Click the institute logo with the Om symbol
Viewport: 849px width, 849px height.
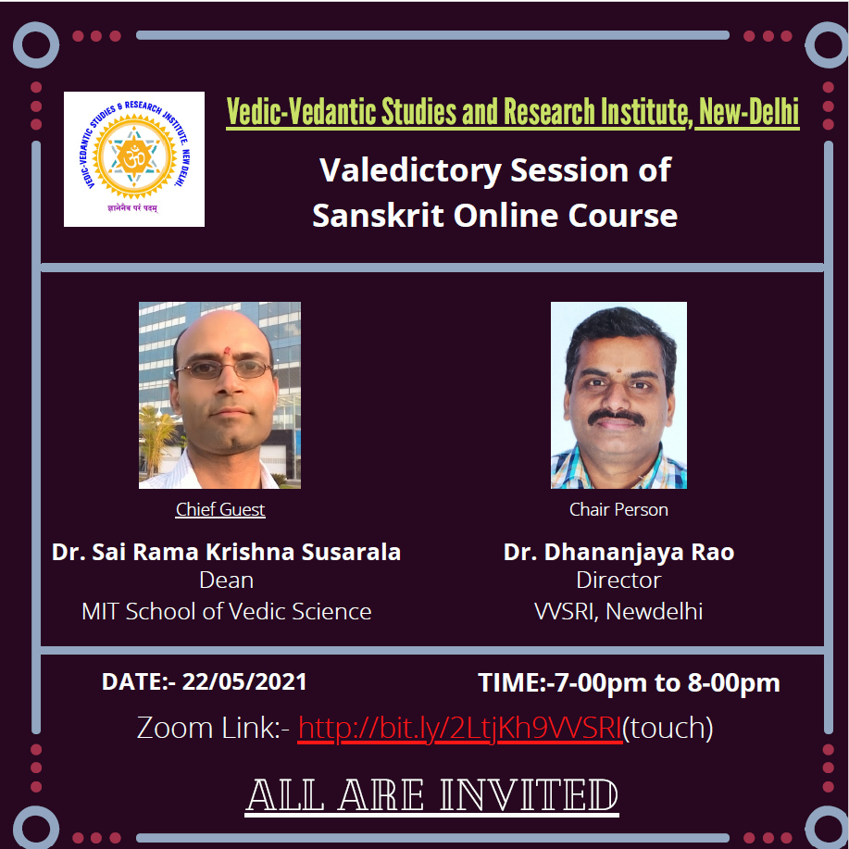tap(133, 158)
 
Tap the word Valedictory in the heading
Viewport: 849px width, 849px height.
tap(410, 171)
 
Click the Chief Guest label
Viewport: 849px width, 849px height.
tap(219, 509)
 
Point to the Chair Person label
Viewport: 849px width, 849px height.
tap(618, 509)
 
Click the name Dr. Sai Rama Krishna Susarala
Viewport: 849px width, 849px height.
tap(226, 552)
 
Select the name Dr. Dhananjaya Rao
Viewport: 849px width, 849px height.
tap(618, 552)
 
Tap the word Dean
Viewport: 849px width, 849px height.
tap(226, 581)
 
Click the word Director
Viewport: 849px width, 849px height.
tap(618, 581)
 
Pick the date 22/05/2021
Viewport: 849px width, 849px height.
tap(244, 681)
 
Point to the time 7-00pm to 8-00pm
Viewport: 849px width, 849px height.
tap(668, 682)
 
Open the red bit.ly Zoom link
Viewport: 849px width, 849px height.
tap(460, 729)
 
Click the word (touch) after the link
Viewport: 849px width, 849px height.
tap(668, 729)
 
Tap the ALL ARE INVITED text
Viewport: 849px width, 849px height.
tap(432, 795)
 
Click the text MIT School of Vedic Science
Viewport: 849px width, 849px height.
tap(226, 612)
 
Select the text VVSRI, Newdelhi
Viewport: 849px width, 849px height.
tap(618, 612)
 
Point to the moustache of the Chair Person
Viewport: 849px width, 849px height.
tap(617, 417)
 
